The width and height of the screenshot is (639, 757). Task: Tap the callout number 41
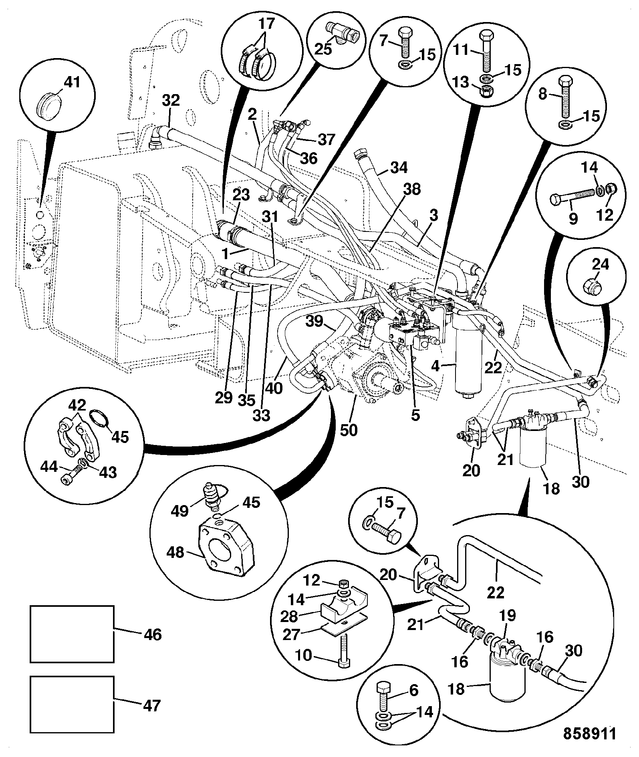click(x=72, y=82)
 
